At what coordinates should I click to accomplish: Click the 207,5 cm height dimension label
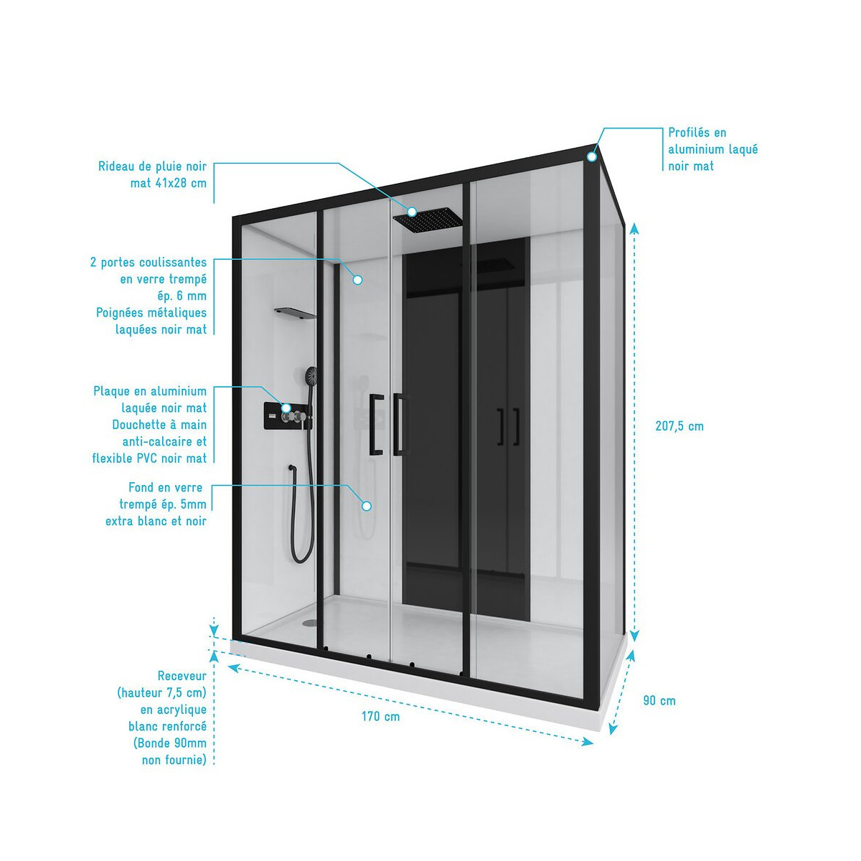tap(679, 426)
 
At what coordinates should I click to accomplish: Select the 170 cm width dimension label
tap(380, 716)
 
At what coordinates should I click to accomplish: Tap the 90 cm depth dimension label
tap(659, 700)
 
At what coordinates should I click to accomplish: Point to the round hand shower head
tap(311, 375)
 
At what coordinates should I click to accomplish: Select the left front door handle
tap(376, 424)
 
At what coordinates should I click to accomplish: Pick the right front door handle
tap(400, 424)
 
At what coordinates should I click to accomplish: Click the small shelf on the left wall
tap(295, 313)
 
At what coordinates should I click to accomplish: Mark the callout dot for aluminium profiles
tap(592, 156)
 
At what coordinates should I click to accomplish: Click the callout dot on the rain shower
tap(412, 212)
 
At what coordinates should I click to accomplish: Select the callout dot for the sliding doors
tap(357, 280)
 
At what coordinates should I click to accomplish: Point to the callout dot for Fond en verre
tap(367, 506)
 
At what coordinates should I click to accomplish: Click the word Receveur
tap(182, 676)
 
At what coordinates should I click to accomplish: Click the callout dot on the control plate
tap(286, 408)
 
